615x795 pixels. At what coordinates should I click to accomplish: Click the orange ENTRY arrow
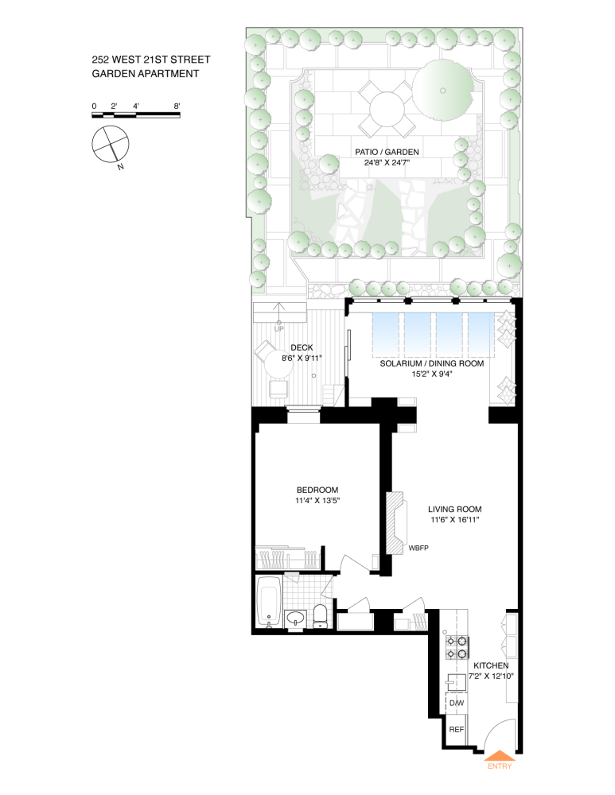[x=500, y=756]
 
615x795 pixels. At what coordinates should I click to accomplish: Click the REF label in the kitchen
[x=457, y=729]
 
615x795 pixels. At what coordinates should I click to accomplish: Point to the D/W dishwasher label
[x=457, y=703]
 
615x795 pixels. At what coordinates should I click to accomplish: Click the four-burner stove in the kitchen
[x=457, y=648]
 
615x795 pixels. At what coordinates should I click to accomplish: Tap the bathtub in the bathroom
[x=267, y=601]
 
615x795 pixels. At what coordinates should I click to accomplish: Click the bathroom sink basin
[x=294, y=619]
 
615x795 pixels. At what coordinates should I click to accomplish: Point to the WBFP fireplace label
[x=419, y=549]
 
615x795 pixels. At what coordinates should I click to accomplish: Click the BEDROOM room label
[x=317, y=490]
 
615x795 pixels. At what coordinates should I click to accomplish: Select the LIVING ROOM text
[x=454, y=510]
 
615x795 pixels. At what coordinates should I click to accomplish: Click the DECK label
[x=301, y=347]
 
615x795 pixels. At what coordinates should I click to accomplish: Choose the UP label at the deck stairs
[x=278, y=328]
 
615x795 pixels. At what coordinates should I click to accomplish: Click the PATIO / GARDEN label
[x=387, y=151]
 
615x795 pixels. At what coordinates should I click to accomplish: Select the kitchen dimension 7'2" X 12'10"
[x=490, y=677]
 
